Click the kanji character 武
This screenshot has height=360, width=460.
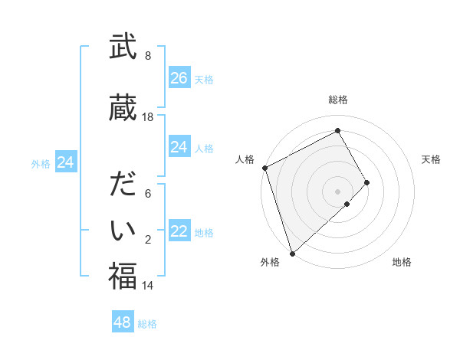pyautogui.click(x=123, y=47)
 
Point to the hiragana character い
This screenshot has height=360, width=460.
pyautogui.click(x=123, y=230)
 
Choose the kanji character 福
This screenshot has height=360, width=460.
pyautogui.click(x=123, y=277)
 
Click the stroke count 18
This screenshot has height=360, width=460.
pyautogui.click(x=148, y=117)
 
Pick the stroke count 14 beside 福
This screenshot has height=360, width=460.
pyautogui.click(x=148, y=286)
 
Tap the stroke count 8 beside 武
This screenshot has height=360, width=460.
pyautogui.click(x=148, y=56)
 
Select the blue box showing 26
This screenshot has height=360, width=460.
pyautogui.click(x=179, y=78)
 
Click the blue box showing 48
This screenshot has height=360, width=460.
pyautogui.click(x=122, y=322)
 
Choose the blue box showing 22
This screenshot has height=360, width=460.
pyautogui.click(x=179, y=231)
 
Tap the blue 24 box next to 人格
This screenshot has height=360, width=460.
pyautogui.click(x=179, y=147)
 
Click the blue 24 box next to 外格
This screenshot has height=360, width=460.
pyautogui.click(x=65, y=162)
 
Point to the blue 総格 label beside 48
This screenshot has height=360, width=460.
pyautogui.click(x=147, y=324)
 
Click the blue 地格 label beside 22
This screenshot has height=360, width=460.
pyautogui.click(x=204, y=233)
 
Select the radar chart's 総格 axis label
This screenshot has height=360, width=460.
pyautogui.click(x=338, y=100)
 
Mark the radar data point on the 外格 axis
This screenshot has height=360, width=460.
pyautogui.click(x=291, y=253)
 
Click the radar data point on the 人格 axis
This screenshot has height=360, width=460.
pyautogui.click(x=264, y=168)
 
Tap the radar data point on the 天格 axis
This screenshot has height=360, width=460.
pyautogui.click(x=367, y=182)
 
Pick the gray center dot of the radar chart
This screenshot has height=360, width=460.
pyautogui.click(x=338, y=191)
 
